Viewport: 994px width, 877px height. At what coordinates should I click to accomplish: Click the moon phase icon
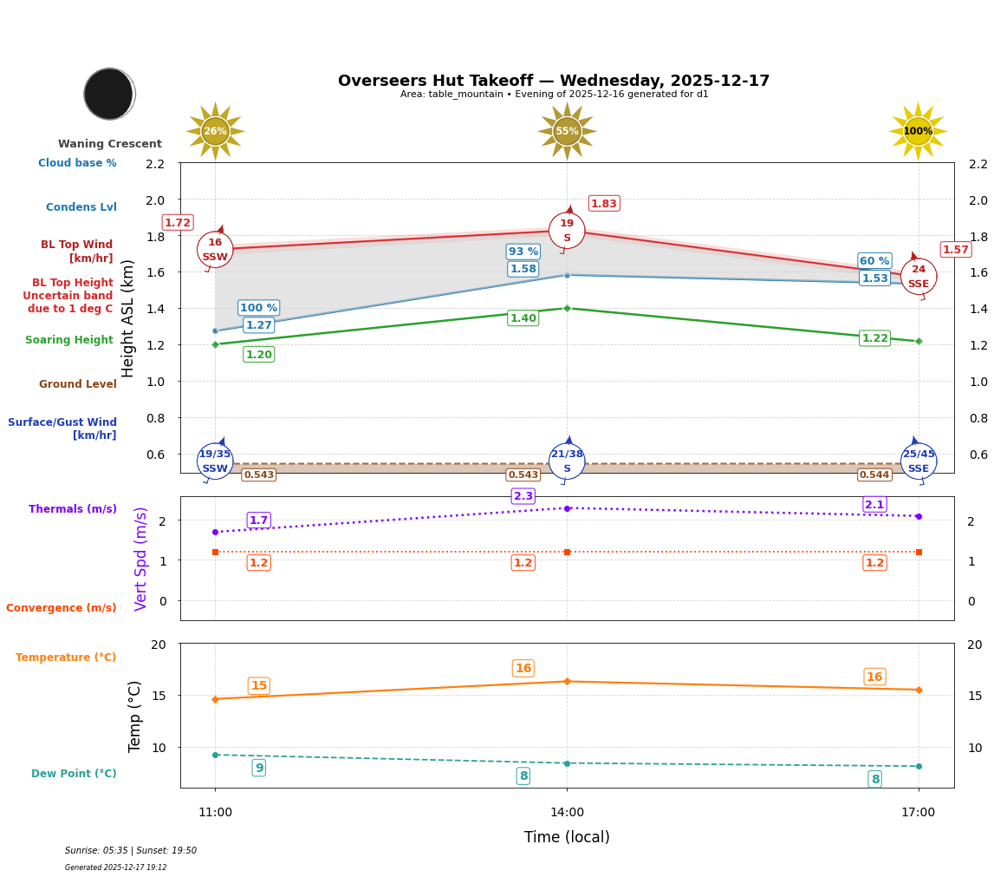point(109,94)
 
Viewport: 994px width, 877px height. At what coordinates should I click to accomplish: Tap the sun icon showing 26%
point(215,131)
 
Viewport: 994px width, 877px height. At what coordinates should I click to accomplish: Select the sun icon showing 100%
point(918,131)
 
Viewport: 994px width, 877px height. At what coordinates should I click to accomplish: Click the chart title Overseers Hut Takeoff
point(554,81)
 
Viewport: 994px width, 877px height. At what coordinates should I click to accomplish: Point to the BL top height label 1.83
point(603,203)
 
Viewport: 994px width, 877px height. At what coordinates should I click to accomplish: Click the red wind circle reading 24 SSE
point(919,277)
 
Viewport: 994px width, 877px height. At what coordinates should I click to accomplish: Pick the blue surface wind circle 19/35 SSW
point(215,461)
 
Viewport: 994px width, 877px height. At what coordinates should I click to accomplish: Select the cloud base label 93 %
point(523,252)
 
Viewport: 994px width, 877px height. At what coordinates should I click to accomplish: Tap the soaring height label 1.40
point(523,318)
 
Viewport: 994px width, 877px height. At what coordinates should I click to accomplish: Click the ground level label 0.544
point(874,474)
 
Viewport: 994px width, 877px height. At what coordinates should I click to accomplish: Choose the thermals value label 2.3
point(523,496)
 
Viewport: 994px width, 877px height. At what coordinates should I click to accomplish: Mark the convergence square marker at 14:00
point(567,552)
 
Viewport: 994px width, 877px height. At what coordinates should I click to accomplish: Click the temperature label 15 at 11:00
point(258,685)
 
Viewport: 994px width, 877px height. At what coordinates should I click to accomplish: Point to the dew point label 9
point(258,768)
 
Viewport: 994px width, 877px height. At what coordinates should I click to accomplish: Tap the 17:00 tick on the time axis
point(918,812)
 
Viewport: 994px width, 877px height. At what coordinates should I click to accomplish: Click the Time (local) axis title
point(567,837)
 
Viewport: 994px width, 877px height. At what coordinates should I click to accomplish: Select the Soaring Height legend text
point(69,340)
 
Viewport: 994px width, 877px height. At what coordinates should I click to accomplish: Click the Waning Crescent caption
point(110,144)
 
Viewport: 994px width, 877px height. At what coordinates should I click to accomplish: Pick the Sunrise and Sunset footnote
point(131,851)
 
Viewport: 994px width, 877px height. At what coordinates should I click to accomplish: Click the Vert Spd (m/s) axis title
point(141,559)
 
